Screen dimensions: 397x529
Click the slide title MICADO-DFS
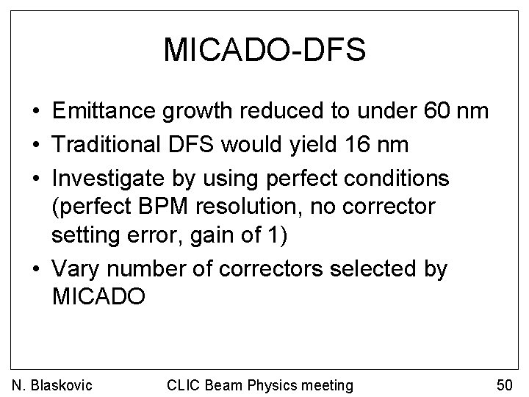264,50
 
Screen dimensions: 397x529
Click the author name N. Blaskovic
51,385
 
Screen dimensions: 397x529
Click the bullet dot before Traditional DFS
35,144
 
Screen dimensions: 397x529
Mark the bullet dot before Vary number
35,270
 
